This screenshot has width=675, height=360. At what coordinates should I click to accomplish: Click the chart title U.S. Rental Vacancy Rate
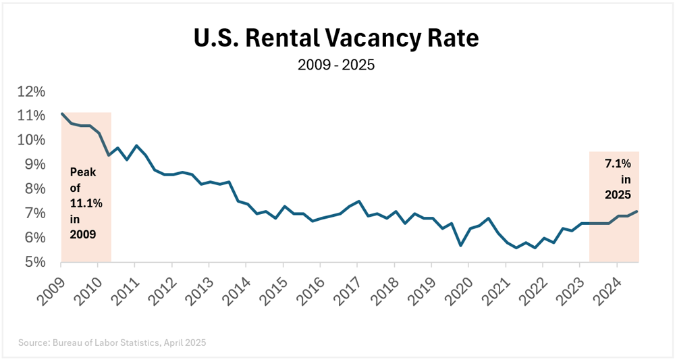[336, 38]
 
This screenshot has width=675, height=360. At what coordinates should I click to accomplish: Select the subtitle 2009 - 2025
[336, 67]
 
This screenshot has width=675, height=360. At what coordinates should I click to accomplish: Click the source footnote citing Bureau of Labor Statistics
[112, 342]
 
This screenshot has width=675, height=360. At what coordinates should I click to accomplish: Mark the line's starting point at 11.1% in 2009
[61, 113]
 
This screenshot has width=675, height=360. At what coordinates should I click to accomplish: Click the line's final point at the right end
[637, 211]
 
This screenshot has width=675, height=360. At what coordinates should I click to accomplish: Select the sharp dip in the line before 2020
[460, 245]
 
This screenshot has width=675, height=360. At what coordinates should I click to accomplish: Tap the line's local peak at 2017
[358, 201]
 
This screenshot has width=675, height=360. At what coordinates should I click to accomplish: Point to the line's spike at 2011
[136, 145]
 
